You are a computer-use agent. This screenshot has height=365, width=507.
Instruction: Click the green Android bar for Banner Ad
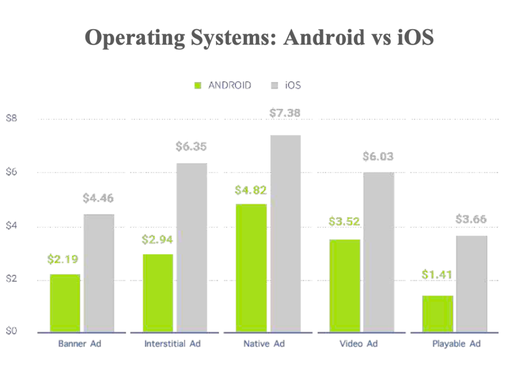coord(65,303)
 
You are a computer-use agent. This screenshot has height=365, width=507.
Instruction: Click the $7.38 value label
coord(285,113)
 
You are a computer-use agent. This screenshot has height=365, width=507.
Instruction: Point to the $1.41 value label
coord(437,274)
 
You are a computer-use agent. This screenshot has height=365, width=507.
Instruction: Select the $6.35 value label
coord(191,147)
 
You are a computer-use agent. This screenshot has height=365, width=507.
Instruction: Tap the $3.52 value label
coord(345,221)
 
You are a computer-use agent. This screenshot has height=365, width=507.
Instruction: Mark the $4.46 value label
coord(98,198)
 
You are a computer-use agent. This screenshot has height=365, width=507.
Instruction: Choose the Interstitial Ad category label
coord(172,344)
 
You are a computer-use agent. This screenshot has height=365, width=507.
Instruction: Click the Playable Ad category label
coord(456,344)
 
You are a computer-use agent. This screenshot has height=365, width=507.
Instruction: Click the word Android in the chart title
coord(323,38)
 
